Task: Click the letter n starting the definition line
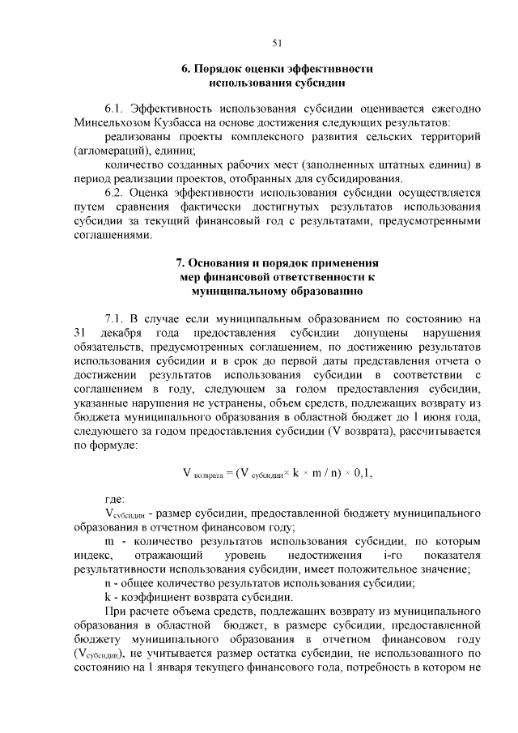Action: pos(108,584)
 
